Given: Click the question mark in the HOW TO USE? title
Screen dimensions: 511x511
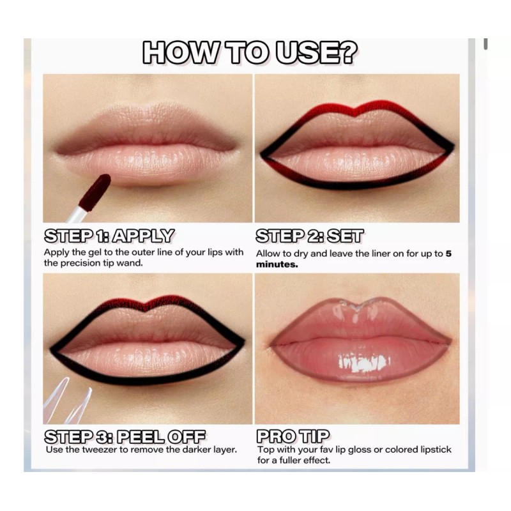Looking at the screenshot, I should click(x=358, y=53).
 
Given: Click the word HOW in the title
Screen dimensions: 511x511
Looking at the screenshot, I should click(x=176, y=53).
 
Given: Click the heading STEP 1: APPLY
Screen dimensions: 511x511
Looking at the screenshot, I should click(x=109, y=236).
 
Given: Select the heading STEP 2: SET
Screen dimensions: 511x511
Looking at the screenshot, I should click(x=309, y=236).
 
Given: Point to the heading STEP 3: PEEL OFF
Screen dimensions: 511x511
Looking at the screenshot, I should click(x=125, y=438).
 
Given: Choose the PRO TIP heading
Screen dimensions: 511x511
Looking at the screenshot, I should click(x=293, y=438).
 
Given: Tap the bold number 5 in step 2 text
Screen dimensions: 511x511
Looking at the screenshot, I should click(x=448, y=253).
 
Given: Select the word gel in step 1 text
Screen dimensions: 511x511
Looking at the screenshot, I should click(x=96, y=252).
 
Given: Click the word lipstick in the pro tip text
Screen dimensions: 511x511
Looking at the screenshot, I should click(x=432, y=450).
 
